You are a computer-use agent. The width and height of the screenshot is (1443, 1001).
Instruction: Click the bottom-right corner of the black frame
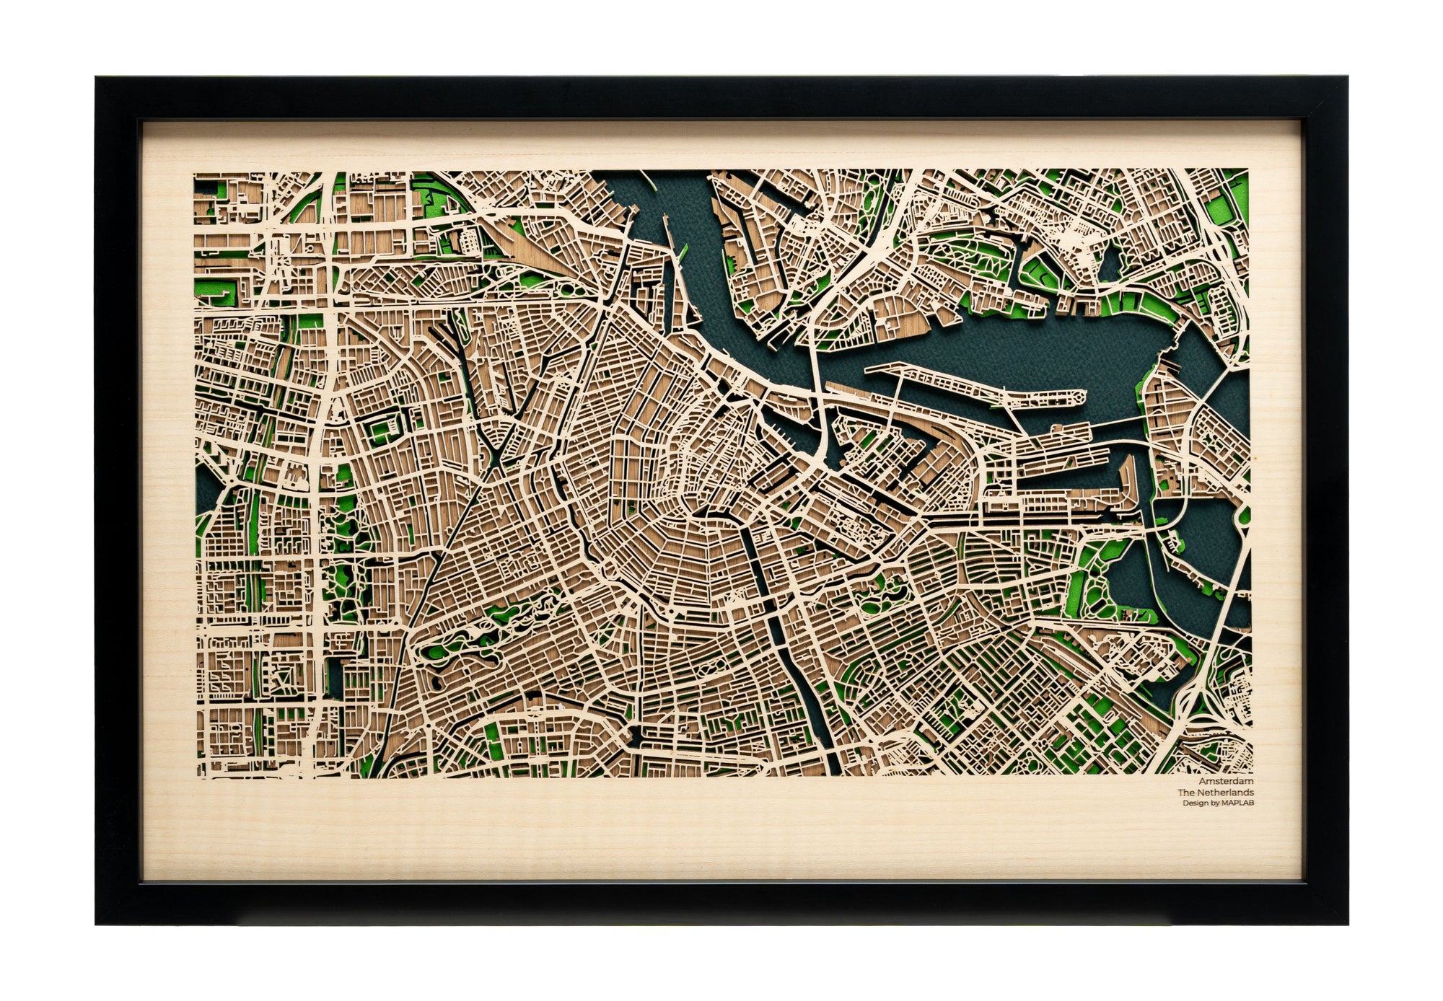pos(1344,920)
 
